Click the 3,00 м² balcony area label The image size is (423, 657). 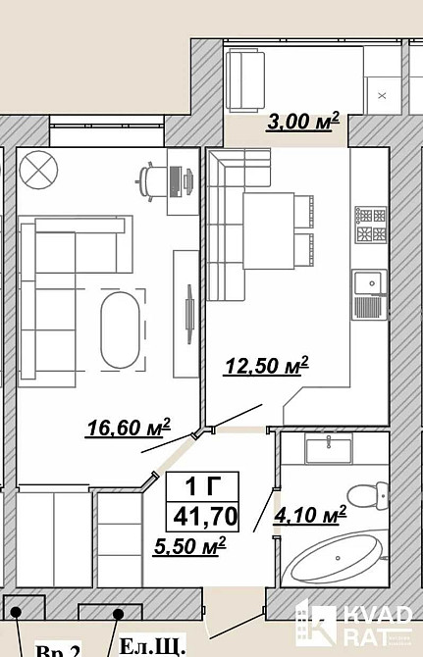[302, 122]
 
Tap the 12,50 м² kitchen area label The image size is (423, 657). [267, 366]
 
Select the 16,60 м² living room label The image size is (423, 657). [129, 428]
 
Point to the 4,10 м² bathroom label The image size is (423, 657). [310, 515]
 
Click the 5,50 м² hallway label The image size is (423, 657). [190, 546]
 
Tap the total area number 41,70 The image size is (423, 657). [205, 516]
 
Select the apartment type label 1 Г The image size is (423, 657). [203, 487]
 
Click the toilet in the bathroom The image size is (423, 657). [368, 495]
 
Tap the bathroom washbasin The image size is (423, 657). [329, 449]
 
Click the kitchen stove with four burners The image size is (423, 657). [371, 225]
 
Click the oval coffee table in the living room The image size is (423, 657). [120, 330]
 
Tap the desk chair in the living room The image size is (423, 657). [150, 181]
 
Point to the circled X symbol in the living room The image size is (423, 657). [38, 171]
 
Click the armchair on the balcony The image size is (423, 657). [245, 80]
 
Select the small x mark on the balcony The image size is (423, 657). [382, 95]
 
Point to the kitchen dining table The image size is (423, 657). [268, 230]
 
